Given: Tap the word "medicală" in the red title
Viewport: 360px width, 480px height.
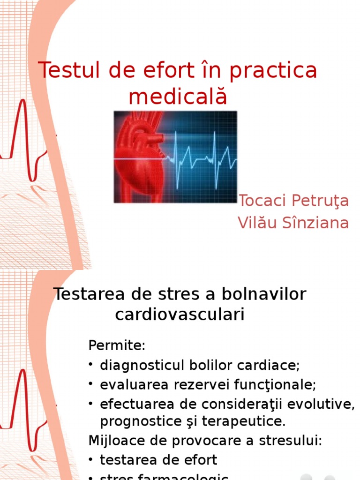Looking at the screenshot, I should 178,97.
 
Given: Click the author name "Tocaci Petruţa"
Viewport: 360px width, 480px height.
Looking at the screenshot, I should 293,201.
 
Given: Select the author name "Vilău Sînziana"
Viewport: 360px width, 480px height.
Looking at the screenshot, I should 293,223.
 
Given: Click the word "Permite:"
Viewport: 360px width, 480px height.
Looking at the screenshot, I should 117,346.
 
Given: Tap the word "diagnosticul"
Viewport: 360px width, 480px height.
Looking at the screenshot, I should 144,366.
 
